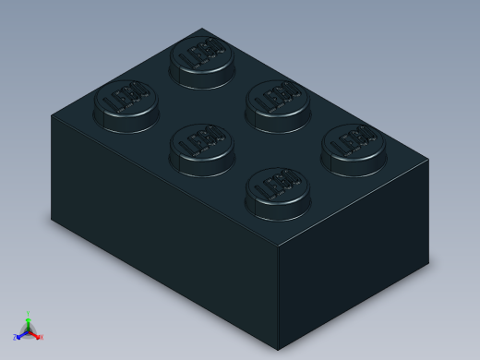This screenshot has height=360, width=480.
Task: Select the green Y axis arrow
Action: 29,321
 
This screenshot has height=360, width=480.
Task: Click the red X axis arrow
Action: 36,335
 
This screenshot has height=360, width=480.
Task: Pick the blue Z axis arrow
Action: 21,335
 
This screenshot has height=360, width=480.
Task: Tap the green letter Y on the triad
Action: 29,314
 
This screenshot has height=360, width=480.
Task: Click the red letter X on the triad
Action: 42,338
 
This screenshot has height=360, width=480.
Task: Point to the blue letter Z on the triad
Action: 15,338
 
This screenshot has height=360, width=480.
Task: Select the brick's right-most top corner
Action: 428,160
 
